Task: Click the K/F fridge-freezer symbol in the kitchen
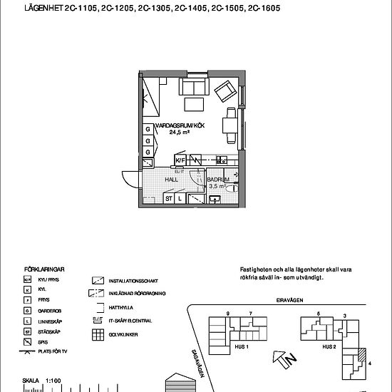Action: (x=180, y=160)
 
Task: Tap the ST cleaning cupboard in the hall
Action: (x=169, y=199)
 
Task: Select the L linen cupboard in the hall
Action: (x=181, y=199)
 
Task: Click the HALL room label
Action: (x=171, y=180)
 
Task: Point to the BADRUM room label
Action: (x=217, y=180)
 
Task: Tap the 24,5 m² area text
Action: (x=179, y=132)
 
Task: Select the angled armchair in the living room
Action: (x=226, y=91)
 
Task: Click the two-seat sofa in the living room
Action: (x=193, y=88)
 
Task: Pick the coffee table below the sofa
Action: (x=194, y=105)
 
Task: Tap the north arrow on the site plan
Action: (x=285, y=360)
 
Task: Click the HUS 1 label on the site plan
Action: (x=241, y=347)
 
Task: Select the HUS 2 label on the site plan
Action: (x=329, y=347)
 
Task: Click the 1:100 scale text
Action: (x=53, y=381)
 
